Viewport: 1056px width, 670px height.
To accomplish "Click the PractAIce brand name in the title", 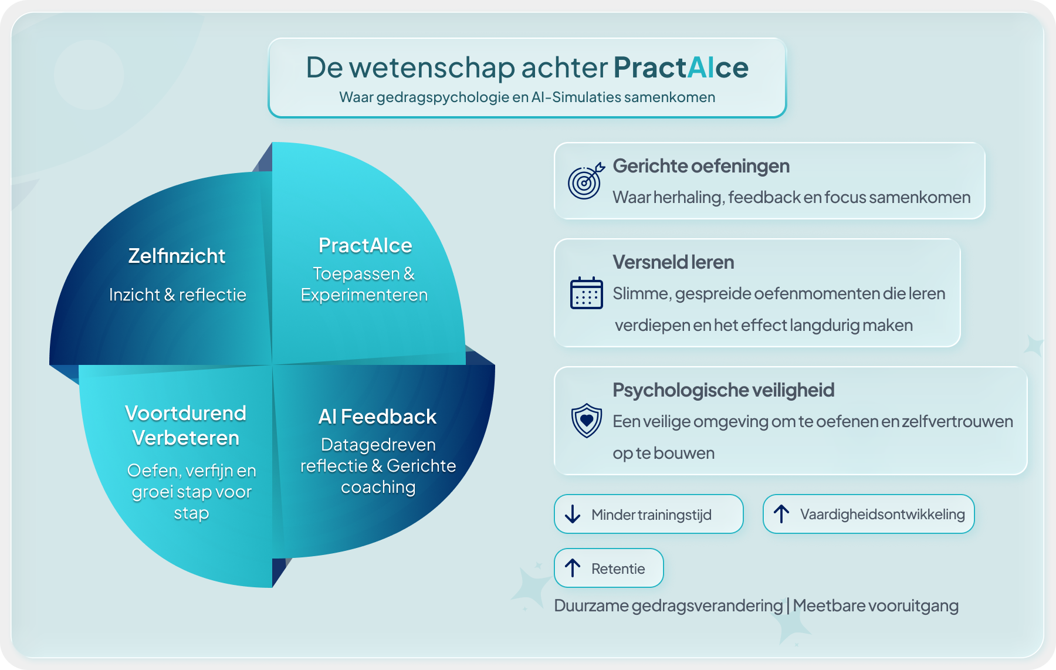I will tap(681, 68).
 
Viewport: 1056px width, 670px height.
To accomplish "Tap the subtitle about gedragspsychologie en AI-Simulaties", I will tap(527, 97).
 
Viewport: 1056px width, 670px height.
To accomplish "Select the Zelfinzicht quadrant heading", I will tap(177, 256).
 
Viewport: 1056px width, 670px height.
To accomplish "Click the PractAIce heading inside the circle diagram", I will tap(365, 245).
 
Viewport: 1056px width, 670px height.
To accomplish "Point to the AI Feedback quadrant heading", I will tap(377, 417).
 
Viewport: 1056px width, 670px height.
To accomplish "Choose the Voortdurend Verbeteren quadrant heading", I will tap(185, 425).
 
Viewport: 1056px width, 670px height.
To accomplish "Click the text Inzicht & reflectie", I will tap(178, 295).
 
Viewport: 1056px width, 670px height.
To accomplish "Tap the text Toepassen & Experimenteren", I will tap(364, 284).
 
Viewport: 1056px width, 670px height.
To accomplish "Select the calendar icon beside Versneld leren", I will tap(586, 293).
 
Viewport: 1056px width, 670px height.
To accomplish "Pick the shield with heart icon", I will tap(586, 420).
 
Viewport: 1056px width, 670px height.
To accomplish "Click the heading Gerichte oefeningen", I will tap(701, 166).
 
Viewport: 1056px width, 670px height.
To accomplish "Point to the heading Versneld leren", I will tap(673, 262).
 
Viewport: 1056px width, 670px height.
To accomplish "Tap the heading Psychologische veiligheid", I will tap(723, 390).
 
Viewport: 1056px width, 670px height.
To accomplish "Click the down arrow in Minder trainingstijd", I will tap(573, 514).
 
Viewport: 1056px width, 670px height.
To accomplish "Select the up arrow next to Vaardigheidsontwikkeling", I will tap(781, 514).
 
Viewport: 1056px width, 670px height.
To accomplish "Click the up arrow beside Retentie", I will tap(573, 568).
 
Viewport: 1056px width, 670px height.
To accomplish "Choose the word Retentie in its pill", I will tap(618, 569).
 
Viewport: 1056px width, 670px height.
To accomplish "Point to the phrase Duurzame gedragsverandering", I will tap(668, 605).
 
